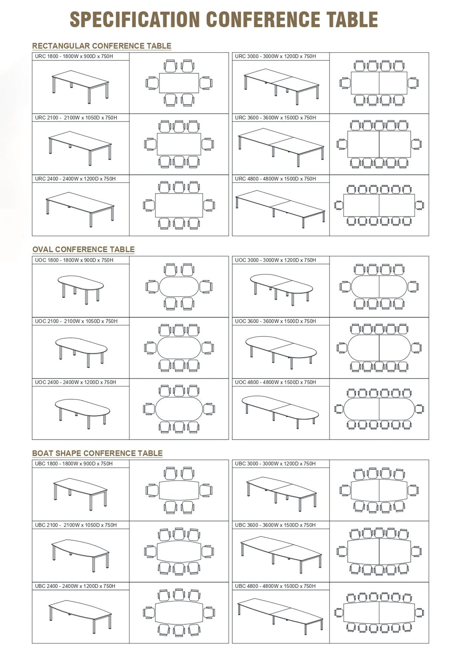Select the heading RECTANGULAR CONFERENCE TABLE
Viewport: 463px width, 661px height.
(x=102, y=46)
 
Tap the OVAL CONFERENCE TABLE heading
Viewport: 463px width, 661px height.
(x=84, y=249)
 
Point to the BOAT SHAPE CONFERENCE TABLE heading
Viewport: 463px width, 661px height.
(x=97, y=453)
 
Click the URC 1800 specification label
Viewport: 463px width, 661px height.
(x=74, y=56)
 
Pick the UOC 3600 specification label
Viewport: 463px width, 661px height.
(x=275, y=321)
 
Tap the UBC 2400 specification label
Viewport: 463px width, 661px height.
(x=75, y=586)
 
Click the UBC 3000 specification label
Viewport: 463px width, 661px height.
(x=275, y=464)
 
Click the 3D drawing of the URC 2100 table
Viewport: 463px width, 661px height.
(x=80, y=148)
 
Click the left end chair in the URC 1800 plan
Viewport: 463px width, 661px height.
(x=152, y=83)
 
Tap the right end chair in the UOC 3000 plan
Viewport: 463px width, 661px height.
(x=414, y=286)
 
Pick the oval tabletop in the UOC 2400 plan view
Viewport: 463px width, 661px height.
(x=179, y=409)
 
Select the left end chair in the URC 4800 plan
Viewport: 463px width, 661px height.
(x=338, y=205)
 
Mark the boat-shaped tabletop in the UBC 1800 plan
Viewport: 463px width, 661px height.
(x=179, y=490)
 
